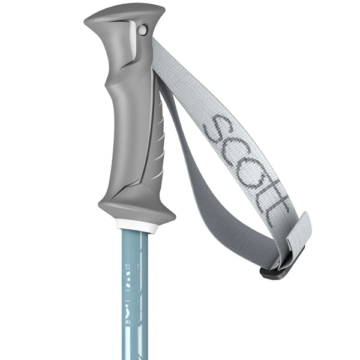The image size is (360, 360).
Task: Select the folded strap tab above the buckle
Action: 297,234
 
